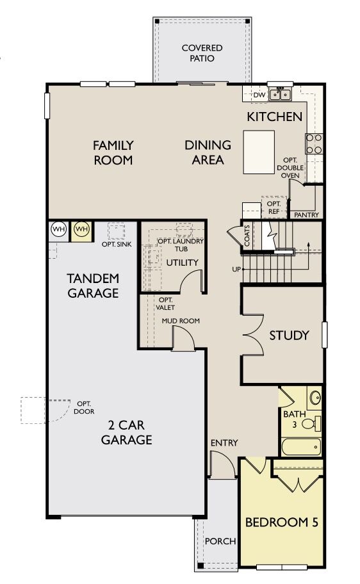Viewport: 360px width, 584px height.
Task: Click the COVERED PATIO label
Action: coord(202,53)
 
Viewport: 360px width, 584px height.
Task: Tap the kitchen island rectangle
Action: coord(258,152)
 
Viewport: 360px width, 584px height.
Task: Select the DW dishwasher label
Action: coord(259,95)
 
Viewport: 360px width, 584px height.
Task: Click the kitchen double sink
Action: coord(280,95)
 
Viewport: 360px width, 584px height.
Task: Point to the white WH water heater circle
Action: coord(58,229)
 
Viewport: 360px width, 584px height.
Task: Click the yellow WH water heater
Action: coord(81,229)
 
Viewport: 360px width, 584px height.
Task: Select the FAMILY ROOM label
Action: coord(113,152)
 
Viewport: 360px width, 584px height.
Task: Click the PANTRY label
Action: coord(306,215)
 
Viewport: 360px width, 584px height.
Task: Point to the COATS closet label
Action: coord(247,235)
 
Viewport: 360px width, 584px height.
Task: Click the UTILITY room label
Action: coord(183,263)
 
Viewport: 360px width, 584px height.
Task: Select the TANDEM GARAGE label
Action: coord(94,286)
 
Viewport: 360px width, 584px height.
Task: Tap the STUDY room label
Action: coord(289,336)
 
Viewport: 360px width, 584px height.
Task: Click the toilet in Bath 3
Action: coord(311,423)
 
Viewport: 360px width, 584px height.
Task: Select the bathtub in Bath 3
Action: coord(301,446)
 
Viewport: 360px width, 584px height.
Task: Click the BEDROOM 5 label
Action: coord(281,522)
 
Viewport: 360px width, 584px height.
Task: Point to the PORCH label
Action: coord(220,541)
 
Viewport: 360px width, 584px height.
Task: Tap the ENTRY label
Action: coord(224,442)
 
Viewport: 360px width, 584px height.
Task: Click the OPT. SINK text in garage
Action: coord(116,244)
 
